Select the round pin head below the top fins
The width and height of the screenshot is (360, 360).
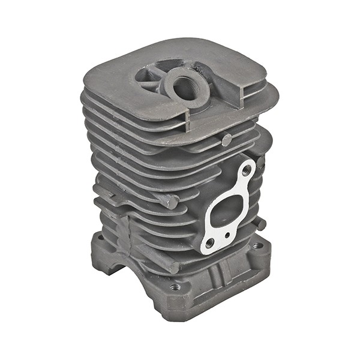(226, 140)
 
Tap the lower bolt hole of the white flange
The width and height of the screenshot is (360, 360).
(209, 243)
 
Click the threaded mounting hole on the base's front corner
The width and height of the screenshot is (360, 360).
(175, 287)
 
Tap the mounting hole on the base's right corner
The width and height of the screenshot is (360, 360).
(257, 245)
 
